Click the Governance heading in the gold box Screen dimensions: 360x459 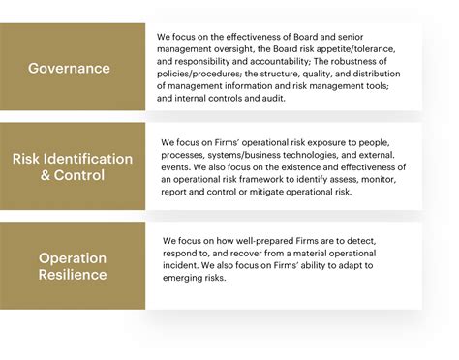pyautogui.click(x=69, y=68)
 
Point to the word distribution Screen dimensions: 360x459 pyautogui.click(x=390, y=74)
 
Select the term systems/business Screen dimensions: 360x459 pyautogui.click(x=250, y=154)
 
